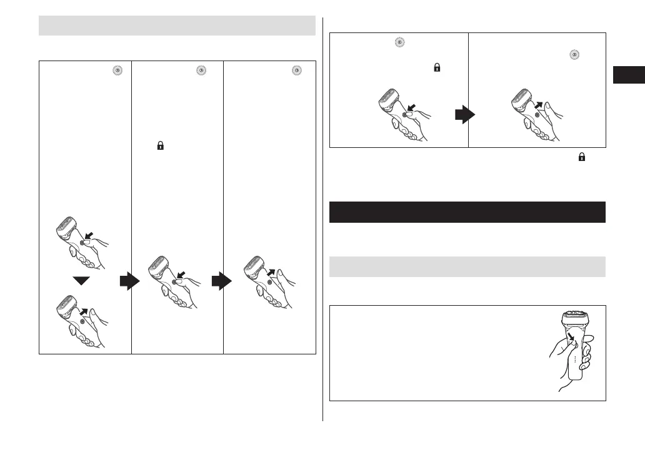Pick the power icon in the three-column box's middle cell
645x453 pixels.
201,71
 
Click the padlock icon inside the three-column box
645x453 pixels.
160,146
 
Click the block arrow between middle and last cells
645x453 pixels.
221,282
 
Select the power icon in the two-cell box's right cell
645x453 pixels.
573,55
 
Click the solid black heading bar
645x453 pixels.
467,212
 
